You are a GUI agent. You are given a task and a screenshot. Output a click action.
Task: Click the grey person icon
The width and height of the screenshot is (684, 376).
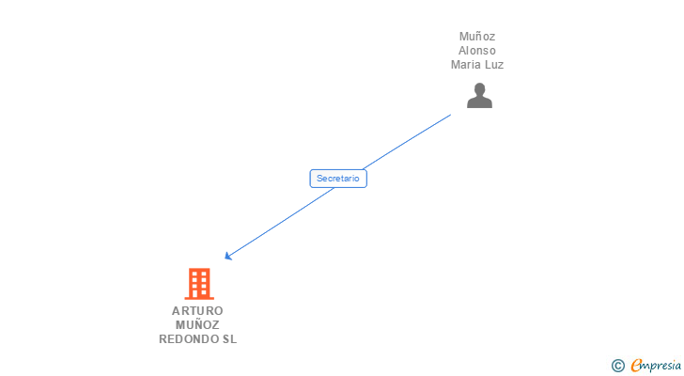point(479,96)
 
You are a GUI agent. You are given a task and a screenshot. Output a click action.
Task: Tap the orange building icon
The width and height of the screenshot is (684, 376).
point(198,284)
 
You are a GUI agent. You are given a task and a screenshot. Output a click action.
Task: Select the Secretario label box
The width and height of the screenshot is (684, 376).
point(338,178)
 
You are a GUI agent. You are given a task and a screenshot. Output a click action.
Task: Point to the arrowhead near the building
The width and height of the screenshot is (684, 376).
point(227,257)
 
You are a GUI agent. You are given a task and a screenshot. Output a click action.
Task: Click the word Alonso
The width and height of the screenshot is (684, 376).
point(477,51)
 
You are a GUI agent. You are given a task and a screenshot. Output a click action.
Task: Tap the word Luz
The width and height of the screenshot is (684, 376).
point(494,65)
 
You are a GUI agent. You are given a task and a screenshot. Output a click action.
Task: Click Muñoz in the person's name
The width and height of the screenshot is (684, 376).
point(477,37)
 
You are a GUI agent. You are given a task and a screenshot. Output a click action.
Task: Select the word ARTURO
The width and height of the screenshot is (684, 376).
point(197,311)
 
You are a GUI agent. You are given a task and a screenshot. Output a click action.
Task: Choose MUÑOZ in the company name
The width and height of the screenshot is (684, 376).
point(197,325)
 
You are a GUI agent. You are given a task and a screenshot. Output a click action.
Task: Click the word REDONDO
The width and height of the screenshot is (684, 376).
point(188,339)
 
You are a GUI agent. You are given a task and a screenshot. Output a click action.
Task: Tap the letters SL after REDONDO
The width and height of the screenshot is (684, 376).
point(229,339)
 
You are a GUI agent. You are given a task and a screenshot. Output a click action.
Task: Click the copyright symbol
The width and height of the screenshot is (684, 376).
point(618,366)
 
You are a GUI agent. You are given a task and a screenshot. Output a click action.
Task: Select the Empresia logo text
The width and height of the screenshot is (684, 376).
point(656,365)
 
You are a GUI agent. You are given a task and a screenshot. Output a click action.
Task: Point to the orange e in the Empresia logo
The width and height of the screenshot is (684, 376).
point(636,366)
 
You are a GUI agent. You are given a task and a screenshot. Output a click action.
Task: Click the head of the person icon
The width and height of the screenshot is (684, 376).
point(479,89)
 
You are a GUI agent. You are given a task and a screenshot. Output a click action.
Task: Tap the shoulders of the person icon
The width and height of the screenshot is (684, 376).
point(479,102)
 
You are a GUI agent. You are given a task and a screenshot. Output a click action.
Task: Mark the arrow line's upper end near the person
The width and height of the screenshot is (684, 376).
point(449,116)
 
